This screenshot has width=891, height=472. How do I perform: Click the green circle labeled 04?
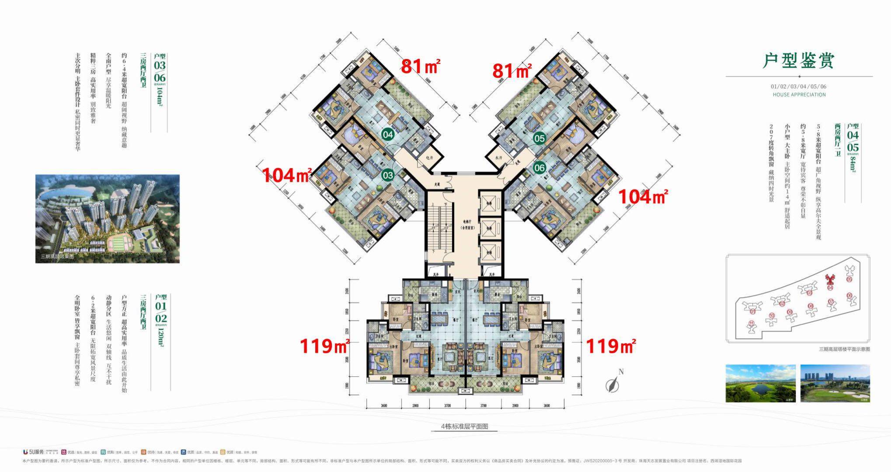coord(388,135)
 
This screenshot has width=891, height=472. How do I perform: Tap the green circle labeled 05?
coord(540,139)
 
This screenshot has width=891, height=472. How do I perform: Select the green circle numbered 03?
coord(388,175)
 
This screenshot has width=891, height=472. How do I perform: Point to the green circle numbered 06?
coord(540,168)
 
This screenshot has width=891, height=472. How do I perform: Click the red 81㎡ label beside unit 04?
coord(420,66)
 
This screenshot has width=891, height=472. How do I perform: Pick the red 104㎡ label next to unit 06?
coord(642,197)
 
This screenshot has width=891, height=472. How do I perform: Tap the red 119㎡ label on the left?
coord(324,346)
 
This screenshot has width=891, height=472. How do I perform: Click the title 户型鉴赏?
coord(798,61)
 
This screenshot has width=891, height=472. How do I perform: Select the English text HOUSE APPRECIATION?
coord(799,94)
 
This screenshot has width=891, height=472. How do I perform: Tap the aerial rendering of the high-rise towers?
coord(107,219)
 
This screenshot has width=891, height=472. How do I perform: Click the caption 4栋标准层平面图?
coord(464,426)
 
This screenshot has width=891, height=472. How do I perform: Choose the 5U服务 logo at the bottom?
coord(33,451)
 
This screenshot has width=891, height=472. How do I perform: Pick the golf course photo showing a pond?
coord(760,383)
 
